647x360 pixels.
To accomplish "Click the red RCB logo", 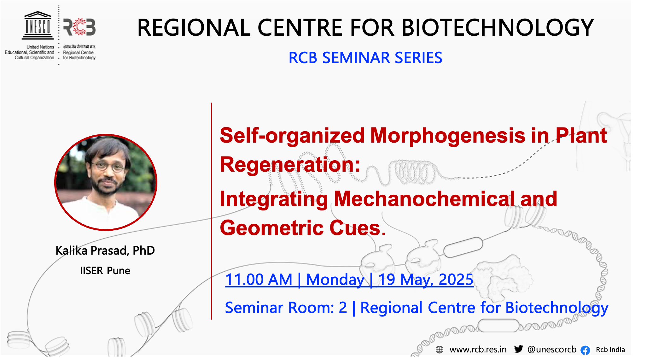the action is coord(79,27).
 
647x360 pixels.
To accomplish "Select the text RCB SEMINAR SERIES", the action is coord(365,58).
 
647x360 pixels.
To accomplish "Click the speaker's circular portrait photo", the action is coord(106,182).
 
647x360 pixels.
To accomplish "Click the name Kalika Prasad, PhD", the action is coord(105,251).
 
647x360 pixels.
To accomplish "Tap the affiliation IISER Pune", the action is coord(105,271).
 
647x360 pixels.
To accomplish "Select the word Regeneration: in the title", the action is coord(290,165).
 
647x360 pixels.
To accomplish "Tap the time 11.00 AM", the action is coord(259,280).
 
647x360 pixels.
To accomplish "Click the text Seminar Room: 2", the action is coord(286,308).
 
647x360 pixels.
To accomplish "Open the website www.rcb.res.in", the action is coord(478,350).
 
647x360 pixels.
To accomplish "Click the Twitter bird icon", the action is coord(519,349).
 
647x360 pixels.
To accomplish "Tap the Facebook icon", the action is coord(585,350).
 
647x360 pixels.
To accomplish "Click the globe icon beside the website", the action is coord(440,350).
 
